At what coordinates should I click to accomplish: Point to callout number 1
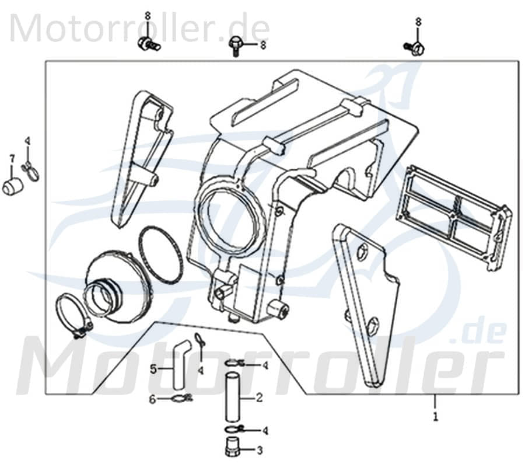pos(434,418)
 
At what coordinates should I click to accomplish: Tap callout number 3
pos(259,450)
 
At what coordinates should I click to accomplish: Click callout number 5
pos(153,368)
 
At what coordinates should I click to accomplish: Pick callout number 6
pos(153,399)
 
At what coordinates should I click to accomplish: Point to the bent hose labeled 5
pos(178,362)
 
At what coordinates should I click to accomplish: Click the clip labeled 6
pos(181,400)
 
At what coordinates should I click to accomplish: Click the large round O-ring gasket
pos(161,255)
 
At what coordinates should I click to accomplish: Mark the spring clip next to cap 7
pos(30,170)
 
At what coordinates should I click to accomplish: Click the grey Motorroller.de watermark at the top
pos(140,28)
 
